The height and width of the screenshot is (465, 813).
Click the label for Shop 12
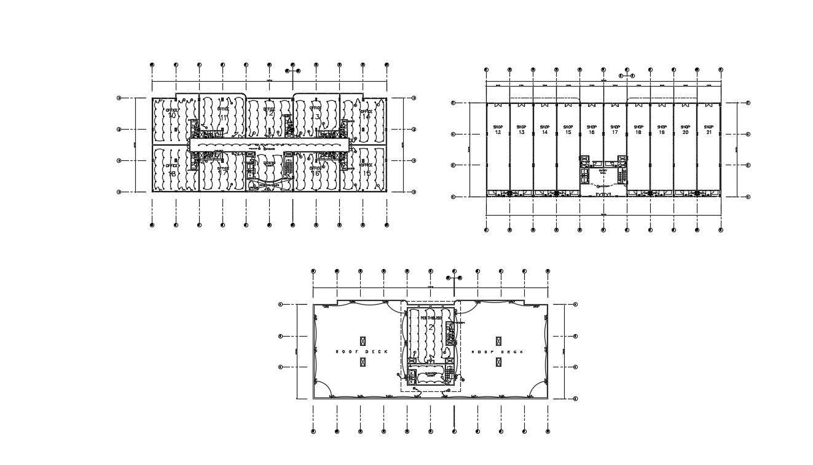coord(498,130)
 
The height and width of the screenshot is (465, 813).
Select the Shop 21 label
coord(709,130)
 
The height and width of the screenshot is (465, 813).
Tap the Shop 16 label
coord(591,130)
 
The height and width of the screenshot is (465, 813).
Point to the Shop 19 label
coord(662,130)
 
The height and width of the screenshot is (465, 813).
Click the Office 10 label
coord(171,113)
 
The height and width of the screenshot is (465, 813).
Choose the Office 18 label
coord(171,170)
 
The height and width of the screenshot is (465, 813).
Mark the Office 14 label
coord(366,113)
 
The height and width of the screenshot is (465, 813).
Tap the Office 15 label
coord(366,170)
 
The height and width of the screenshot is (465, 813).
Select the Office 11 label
coord(223,113)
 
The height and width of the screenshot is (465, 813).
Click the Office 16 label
coord(315,170)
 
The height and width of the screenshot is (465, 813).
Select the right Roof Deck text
coord(498,352)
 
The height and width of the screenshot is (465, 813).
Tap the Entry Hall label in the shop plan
coord(603,172)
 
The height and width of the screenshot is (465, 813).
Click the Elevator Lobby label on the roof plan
coord(431,374)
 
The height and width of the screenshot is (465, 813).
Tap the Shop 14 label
coord(544,130)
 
